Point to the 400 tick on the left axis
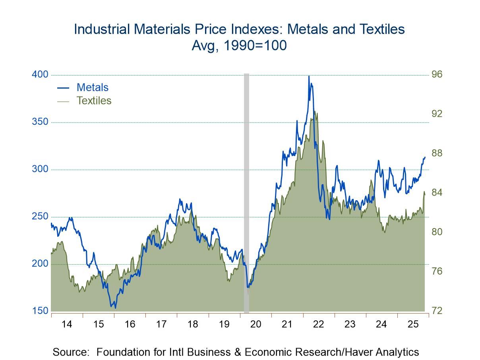click(40, 75)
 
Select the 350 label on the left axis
click(40, 122)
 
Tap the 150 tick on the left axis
click(40, 311)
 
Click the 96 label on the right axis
click(437, 75)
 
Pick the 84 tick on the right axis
click(437, 193)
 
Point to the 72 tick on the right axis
click(437, 311)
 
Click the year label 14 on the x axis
click(67, 324)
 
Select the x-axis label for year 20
click(255, 324)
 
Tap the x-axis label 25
click(413, 324)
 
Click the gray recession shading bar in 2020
click(246, 191)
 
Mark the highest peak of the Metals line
click(309, 76)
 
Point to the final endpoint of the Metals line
click(425, 157)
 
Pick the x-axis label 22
click(318, 324)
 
